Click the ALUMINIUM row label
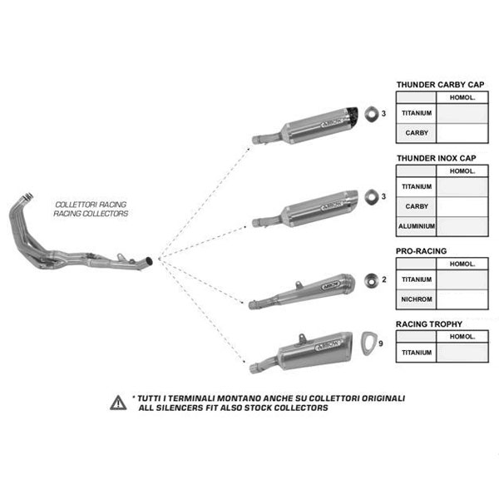click(416, 225)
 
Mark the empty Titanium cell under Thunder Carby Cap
click(462, 114)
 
